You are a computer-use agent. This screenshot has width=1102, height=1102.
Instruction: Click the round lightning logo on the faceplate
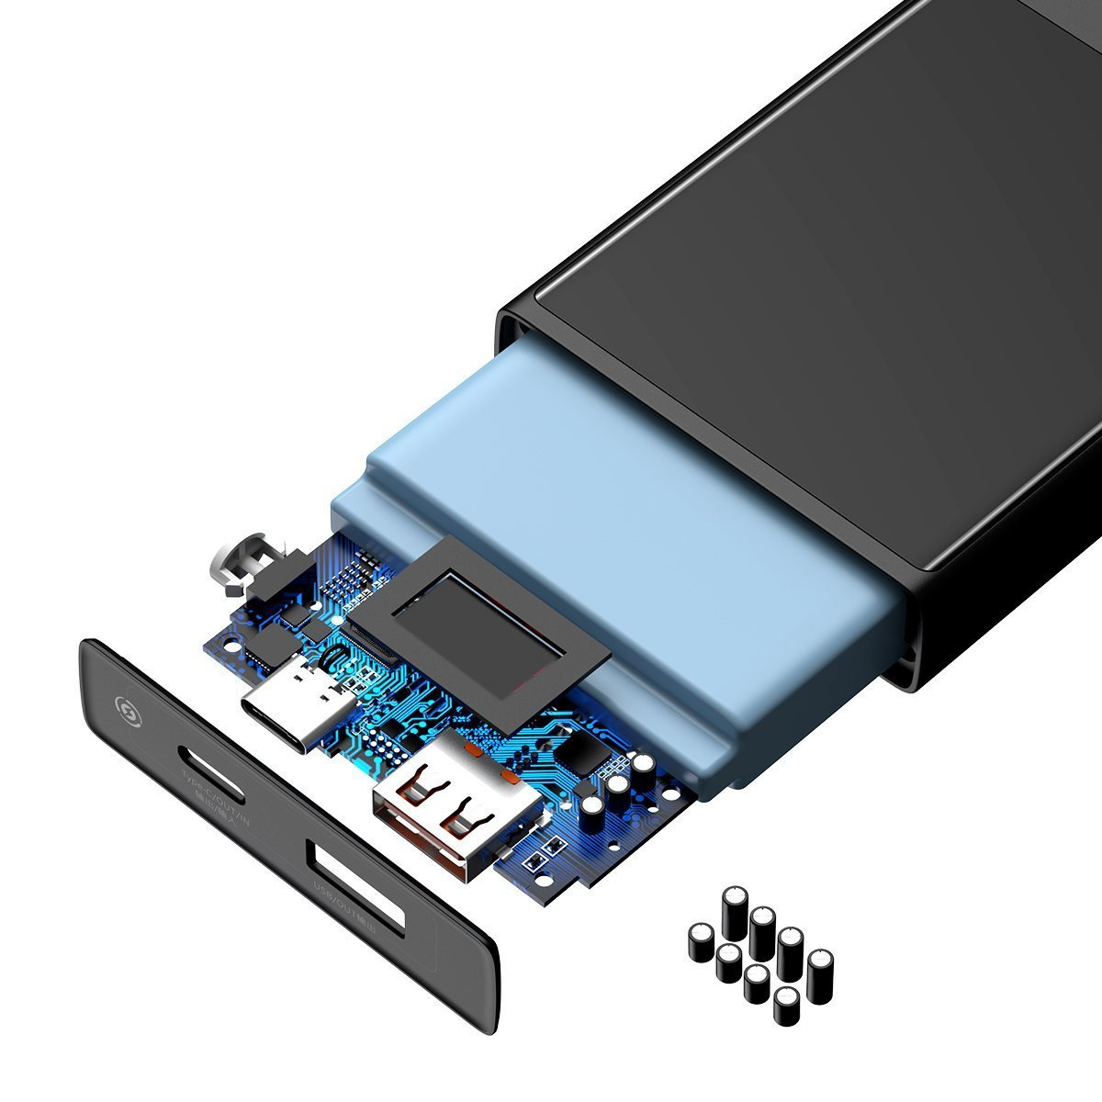tap(123, 708)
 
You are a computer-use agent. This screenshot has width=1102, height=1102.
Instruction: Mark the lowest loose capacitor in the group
tap(786, 1006)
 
